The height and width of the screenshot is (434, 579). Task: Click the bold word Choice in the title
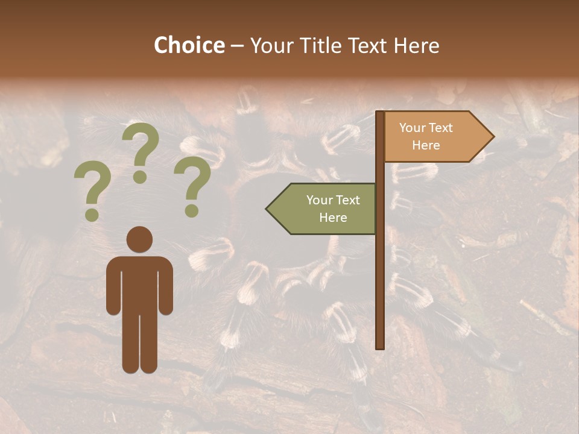189,45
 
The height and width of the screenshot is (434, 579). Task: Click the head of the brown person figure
139,239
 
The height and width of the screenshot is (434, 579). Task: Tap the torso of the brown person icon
139,283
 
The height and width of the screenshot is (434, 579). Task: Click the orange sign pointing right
434,137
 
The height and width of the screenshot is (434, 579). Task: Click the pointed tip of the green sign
268,209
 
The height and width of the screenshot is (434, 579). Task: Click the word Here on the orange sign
426,145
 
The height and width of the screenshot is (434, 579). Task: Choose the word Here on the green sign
333,217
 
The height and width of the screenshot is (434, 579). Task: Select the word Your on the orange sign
413,128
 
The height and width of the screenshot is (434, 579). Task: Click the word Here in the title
416,45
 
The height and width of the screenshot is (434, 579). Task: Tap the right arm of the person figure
166,286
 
